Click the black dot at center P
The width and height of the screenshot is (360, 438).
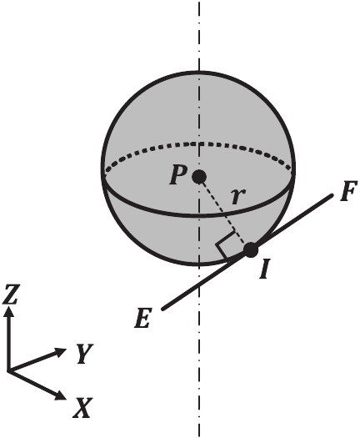[198, 176]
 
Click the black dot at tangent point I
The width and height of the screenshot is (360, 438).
[251, 249]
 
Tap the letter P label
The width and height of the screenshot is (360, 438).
[177, 176]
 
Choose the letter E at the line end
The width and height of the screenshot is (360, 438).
[143, 319]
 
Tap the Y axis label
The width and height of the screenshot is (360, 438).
[82, 355]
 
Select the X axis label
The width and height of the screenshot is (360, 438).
[82, 407]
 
